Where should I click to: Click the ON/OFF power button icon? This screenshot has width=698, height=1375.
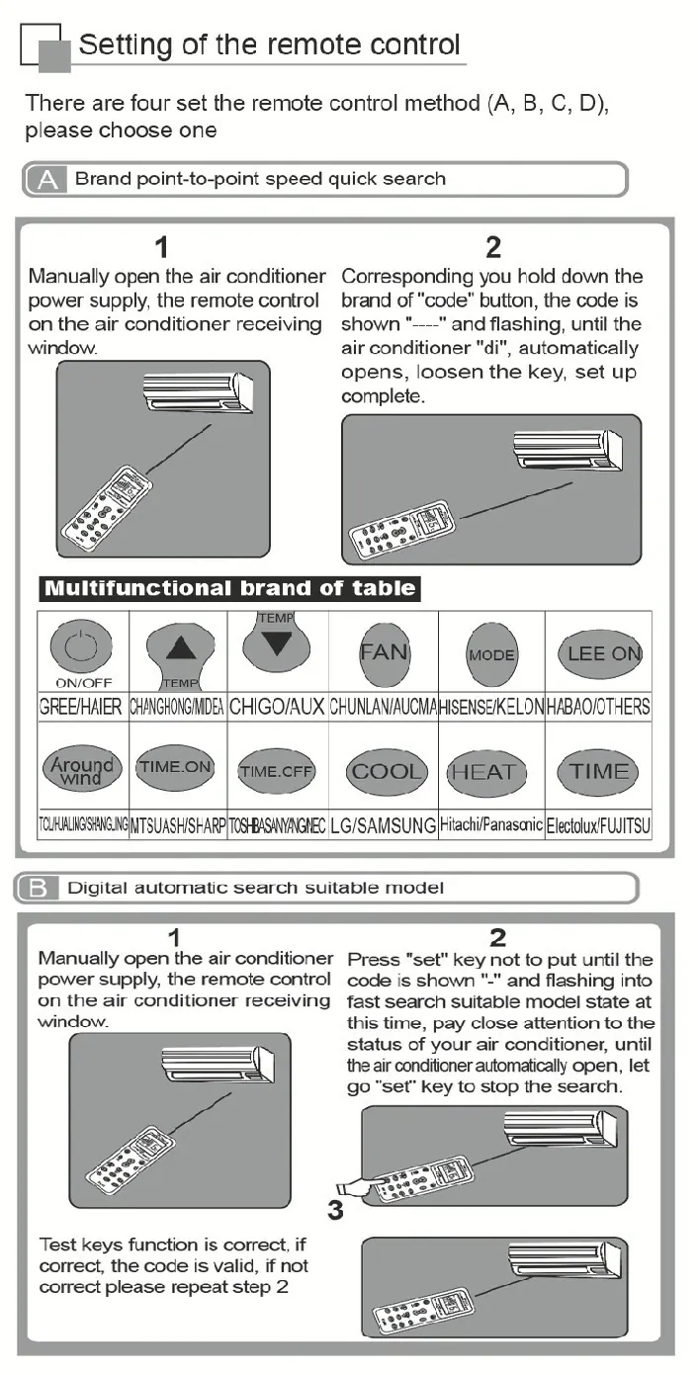coord(81,646)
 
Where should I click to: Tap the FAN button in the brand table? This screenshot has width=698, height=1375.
coord(385,654)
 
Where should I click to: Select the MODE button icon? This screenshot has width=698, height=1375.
coord(491,654)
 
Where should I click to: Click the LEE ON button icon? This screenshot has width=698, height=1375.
coord(600,653)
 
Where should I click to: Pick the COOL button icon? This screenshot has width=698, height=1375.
coord(387,772)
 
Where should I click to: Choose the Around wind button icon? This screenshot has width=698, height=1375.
coord(82,770)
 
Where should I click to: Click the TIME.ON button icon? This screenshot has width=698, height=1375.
coord(175,767)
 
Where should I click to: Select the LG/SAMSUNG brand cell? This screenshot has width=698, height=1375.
coord(383,825)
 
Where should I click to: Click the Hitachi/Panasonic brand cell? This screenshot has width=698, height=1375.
coord(491,824)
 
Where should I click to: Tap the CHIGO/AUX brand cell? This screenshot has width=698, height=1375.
coord(278,707)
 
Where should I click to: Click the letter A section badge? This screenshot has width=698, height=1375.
coord(46,180)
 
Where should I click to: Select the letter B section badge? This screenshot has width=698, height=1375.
coord(38,888)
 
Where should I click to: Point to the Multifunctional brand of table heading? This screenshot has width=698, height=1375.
coord(229,588)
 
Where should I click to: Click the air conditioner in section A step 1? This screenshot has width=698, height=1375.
coord(199,393)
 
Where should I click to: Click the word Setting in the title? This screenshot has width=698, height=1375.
coord(126,45)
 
